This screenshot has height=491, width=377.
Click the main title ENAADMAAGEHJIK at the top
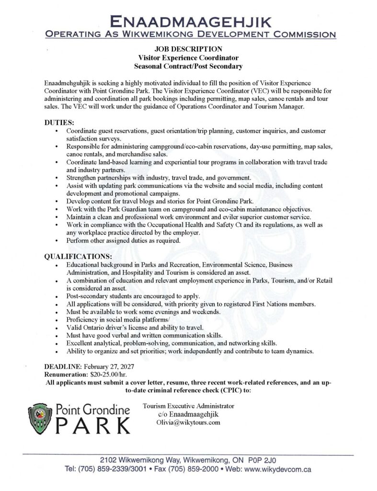pyautogui.click(x=188, y=21)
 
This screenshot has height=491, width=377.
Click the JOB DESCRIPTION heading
pyautogui.click(x=188, y=49)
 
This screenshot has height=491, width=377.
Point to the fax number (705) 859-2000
pyautogui.click(x=191, y=469)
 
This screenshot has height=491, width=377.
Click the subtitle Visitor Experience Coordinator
pyautogui.click(x=188, y=57)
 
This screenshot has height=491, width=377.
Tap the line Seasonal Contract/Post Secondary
pyautogui.click(x=188, y=65)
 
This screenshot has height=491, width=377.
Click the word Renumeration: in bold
pyautogui.click(x=63, y=374)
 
